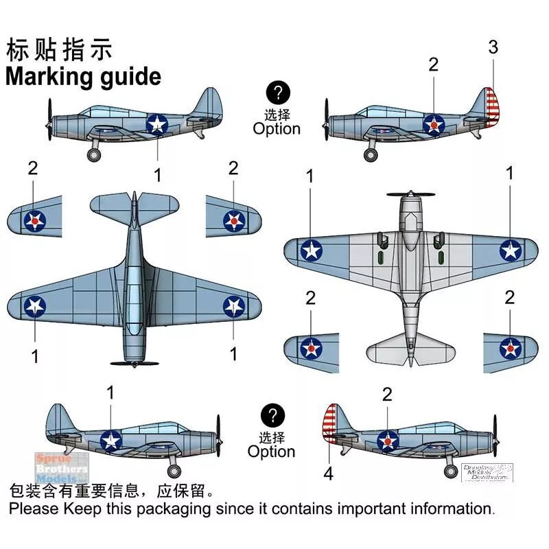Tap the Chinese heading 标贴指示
click(58, 50)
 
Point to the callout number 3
click(493, 47)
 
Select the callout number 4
click(328, 474)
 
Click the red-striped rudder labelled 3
click(491, 108)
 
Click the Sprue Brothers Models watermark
click(62, 467)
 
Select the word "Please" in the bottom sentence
click(34, 509)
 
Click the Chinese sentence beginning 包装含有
click(110, 491)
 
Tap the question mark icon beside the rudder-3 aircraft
click(277, 93)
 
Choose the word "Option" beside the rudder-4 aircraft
click(272, 452)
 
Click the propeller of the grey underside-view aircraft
click(410, 194)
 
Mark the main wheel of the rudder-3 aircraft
click(371, 154)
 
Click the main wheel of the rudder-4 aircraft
click(450, 471)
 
